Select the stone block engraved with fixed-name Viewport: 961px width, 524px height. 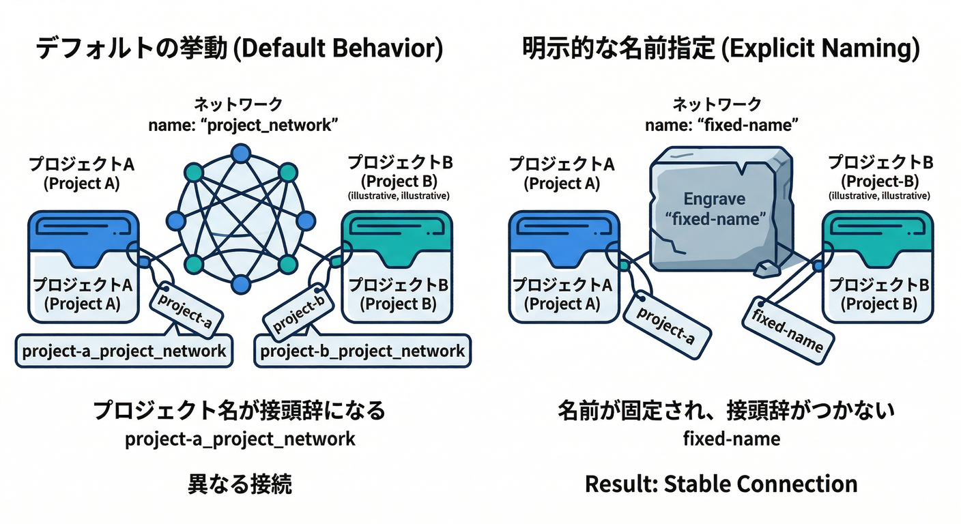point(717,212)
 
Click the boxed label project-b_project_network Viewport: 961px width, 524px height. point(362,351)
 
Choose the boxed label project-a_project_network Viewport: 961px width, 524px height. point(124,351)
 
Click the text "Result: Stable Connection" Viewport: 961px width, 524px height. point(721,484)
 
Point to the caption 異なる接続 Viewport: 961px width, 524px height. point(240,484)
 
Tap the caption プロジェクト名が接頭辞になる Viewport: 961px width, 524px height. point(240,411)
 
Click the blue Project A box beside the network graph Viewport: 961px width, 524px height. point(83,266)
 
